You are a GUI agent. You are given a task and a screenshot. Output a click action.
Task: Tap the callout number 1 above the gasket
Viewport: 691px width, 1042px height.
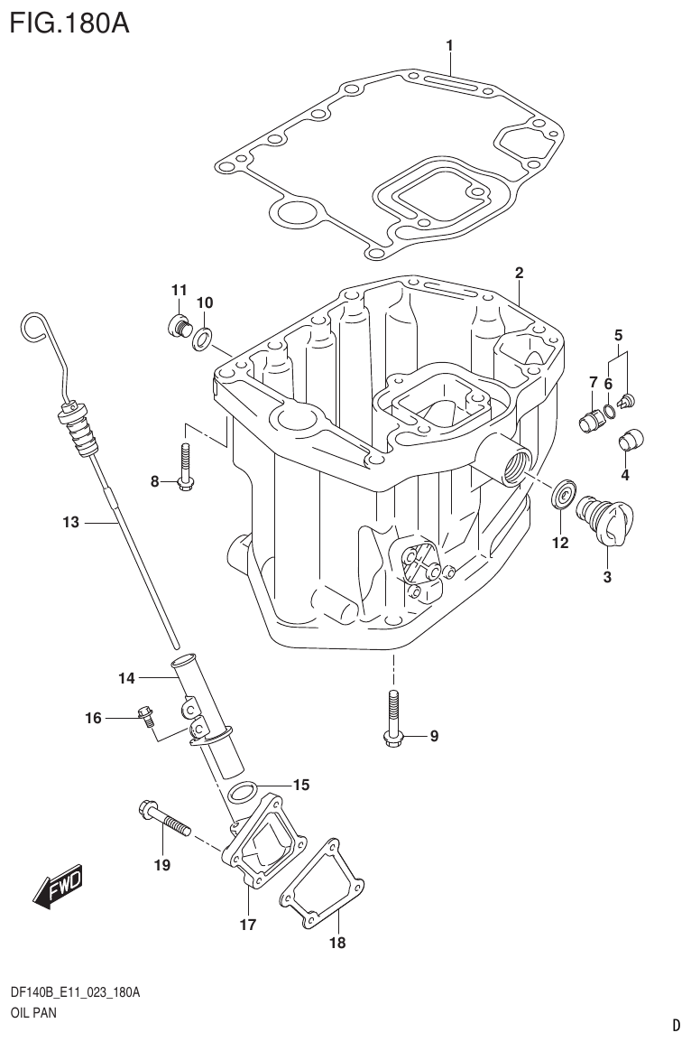click(449, 45)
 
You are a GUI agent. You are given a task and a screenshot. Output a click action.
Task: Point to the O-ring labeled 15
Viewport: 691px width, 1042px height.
click(241, 792)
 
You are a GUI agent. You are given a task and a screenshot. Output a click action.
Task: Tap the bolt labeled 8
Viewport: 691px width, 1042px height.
click(185, 467)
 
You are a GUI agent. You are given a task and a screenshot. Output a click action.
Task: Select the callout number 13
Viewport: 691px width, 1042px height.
click(71, 522)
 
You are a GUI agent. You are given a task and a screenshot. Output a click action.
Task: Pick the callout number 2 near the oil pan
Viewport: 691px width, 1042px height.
click(519, 273)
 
